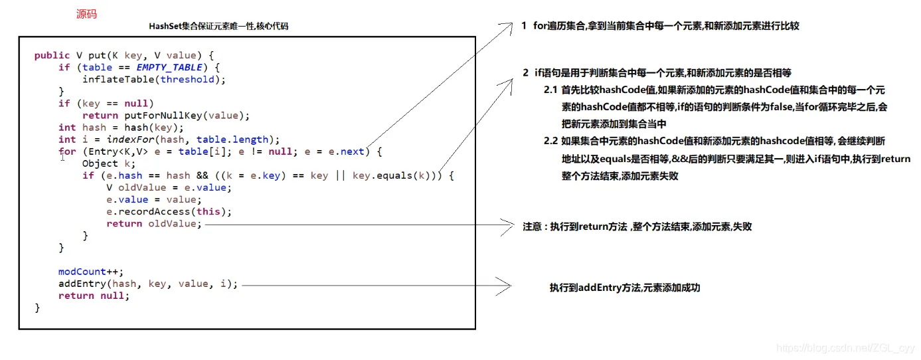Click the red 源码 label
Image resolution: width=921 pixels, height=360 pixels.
(86, 14)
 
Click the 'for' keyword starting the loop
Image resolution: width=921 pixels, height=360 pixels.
(66, 151)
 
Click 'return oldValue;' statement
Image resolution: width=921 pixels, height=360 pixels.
(153, 224)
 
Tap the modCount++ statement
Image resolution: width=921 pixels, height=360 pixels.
(91, 272)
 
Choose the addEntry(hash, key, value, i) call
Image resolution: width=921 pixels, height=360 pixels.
(147, 284)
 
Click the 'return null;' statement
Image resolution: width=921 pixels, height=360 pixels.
(94, 296)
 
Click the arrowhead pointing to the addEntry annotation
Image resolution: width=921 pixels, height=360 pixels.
(508, 286)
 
